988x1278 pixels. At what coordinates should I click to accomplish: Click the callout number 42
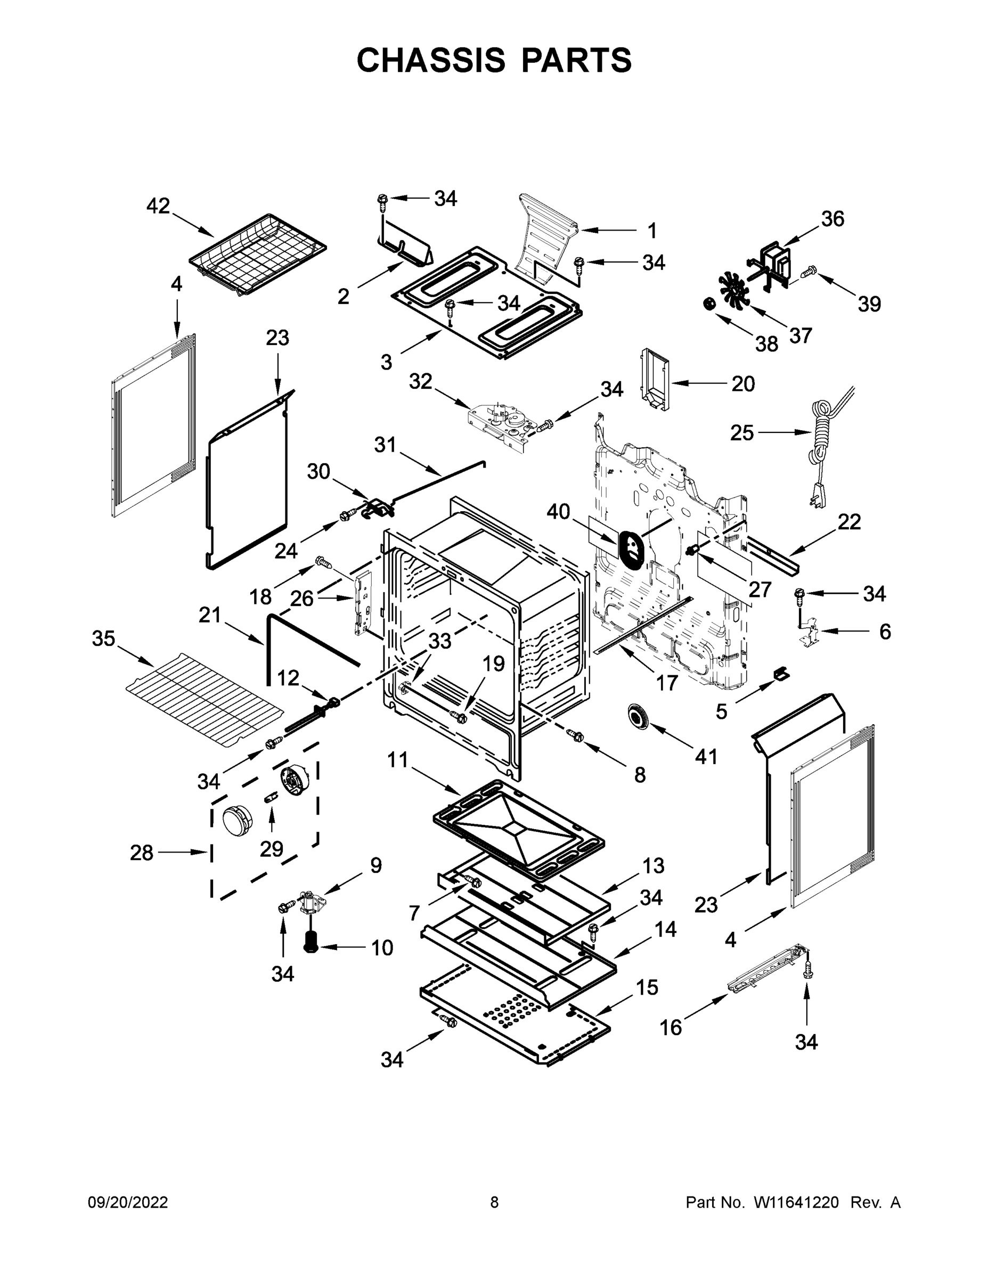[158, 206]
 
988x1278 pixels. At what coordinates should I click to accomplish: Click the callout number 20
[743, 384]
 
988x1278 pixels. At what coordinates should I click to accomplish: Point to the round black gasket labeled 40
[631, 548]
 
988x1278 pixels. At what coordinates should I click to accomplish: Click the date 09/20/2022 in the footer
[128, 1202]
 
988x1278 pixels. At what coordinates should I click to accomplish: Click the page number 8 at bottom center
[494, 1202]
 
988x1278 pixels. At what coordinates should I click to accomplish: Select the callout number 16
[671, 1028]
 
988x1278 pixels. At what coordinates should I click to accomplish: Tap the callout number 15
[647, 987]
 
